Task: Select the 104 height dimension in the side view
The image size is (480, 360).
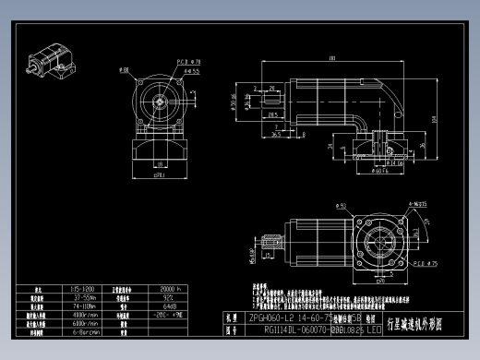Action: click(433, 117)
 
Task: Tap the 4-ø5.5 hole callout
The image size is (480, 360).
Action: click(192, 70)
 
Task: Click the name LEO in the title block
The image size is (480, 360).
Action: click(373, 328)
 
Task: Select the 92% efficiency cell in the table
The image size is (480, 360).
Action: click(170, 296)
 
